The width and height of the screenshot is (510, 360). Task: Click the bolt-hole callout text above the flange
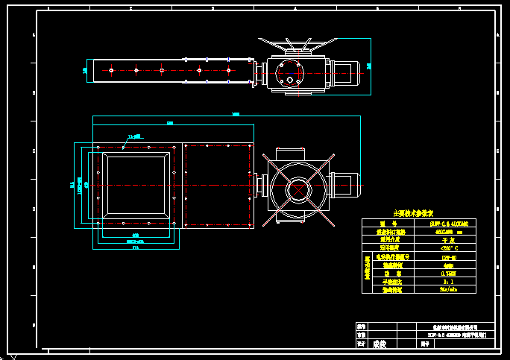pos(134,136)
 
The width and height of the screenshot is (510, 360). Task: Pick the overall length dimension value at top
pos(236,114)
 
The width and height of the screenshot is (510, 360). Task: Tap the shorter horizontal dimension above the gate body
pos(170,123)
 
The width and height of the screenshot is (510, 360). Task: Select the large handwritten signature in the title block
pos(380,344)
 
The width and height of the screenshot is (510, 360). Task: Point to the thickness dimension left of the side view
pos(84,71)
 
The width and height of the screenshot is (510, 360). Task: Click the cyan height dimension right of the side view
pos(369,66)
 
